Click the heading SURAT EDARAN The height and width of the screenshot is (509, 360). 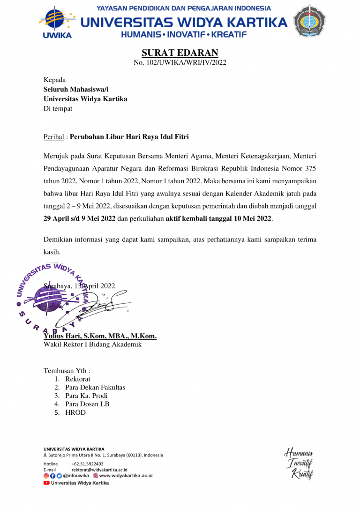coord(180,53)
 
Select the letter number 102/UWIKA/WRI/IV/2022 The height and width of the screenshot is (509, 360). coord(180,63)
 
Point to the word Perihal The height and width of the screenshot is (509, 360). coord(54,137)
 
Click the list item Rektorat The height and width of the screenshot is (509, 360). coord(78,379)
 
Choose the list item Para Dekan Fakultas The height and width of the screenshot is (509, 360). coord(95,387)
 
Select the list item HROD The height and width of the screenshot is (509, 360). coord(75,412)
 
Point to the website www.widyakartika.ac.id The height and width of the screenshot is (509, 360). coord(126,476)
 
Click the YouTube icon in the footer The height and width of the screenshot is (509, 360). coord(46,483)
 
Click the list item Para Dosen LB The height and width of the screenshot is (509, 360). coord(87,404)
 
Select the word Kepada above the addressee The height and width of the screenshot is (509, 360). coord(55,80)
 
